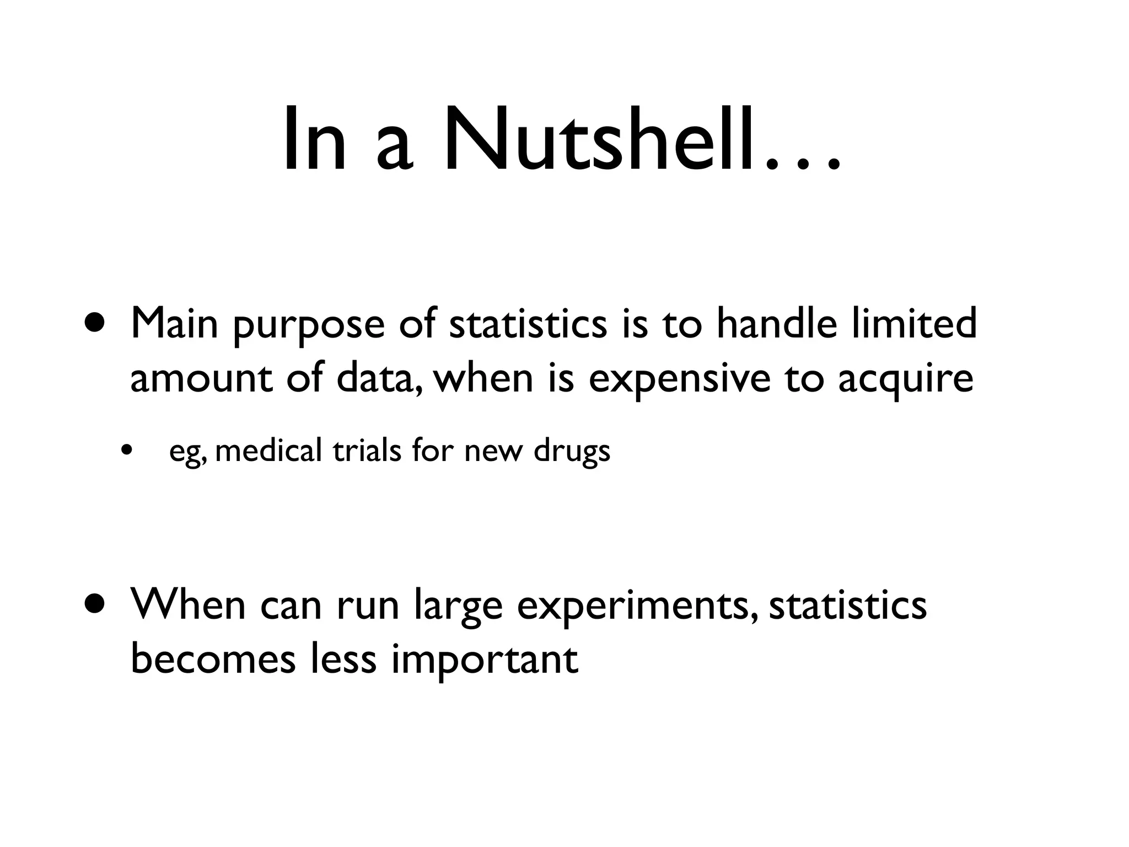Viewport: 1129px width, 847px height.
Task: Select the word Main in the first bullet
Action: tap(174, 323)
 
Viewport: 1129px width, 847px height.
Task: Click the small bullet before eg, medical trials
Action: tap(127, 451)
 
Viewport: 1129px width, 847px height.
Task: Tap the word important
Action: tap(485, 661)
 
